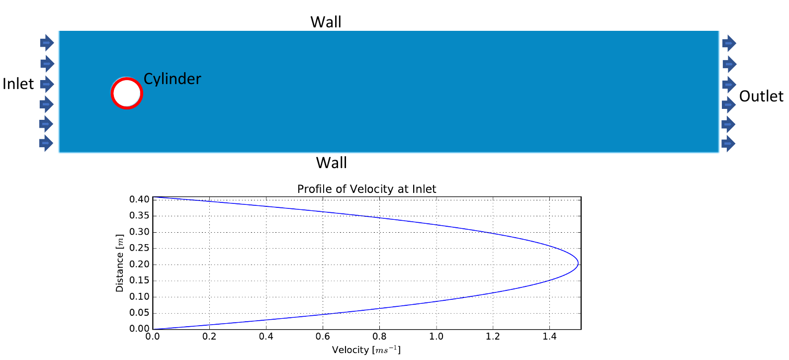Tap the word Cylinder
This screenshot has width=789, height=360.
tap(172, 79)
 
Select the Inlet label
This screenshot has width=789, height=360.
tap(18, 84)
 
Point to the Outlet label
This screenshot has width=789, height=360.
tap(761, 96)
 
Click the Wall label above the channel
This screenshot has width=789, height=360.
tap(326, 22)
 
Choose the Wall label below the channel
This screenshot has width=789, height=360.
tap(332, 163)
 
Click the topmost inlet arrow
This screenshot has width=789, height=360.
tap(47, 43)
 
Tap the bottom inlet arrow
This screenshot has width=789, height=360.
tap(46, 143)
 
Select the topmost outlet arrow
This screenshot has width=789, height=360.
tap(729, 43)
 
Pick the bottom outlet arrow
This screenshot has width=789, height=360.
tap(728, 144)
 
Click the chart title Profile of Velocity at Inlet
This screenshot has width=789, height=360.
tap(367, 189)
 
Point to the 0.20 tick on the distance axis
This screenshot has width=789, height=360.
tap(140, 264)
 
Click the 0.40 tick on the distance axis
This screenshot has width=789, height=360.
tap(140, 199)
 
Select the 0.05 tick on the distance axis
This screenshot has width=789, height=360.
tap(140, 313)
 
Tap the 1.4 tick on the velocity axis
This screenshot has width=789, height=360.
tap(549, 337)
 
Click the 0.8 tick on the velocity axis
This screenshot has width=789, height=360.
tap(379, 337)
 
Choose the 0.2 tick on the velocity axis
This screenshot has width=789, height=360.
tap(209, 337)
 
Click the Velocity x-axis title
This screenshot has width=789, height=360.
tap(366, 350)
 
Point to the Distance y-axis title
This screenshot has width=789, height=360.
tap(120, 263)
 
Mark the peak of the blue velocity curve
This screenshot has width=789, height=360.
tap(578, 264)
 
